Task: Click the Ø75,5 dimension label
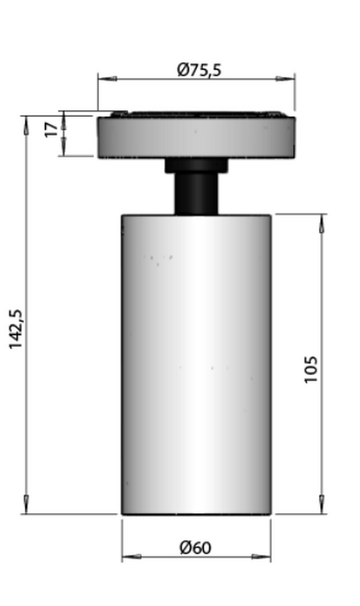click(199, 69)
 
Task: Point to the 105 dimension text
click(311, 369)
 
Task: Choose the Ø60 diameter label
click(195, 548)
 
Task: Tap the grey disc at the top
click(196, 137)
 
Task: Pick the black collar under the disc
click(196, 165)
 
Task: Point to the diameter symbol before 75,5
click(182, 69)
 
